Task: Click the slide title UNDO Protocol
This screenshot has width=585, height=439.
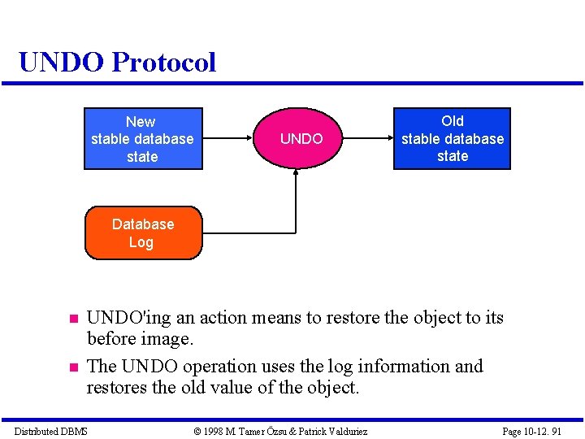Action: point(117,62)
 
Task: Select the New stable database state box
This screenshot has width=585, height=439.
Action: point(143,139)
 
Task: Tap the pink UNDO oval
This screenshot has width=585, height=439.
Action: point(301,139)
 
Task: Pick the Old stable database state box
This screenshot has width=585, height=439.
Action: point(453,138)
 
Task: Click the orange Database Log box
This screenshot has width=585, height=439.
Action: point(143,233)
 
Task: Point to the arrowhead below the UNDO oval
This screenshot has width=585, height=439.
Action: point(296,176)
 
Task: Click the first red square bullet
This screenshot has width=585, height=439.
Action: point(71,319)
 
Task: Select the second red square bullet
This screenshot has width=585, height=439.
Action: point(71,367)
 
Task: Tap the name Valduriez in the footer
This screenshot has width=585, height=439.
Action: point(345,431)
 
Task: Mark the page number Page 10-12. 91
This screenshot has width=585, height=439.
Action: point(531,431)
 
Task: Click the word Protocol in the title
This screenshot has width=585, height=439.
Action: point(164,62)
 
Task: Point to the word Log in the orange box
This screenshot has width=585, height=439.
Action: point(141,242)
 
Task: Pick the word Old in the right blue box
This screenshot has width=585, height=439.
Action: point(453,121)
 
